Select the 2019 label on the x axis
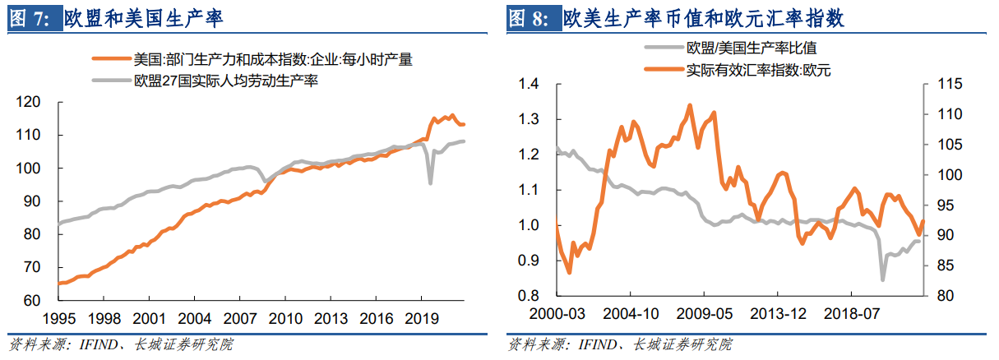coord(421,318)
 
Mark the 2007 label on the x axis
coord(239,318)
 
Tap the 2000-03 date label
coord(557,314)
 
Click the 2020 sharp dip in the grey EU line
coord(430,182)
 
